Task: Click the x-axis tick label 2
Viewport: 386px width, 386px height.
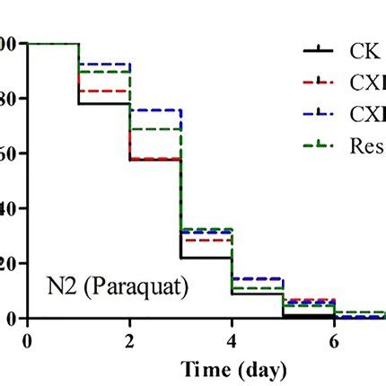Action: [130, 342]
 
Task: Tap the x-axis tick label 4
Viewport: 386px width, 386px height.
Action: [232, 342]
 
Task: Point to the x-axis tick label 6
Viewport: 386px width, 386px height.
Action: [335, 342]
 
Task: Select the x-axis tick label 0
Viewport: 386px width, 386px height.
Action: [28, 342]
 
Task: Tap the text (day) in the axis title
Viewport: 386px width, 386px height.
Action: [263, 369]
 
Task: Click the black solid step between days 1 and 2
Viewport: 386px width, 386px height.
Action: [104, 103]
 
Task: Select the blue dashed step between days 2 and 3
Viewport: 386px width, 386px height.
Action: [155, 110]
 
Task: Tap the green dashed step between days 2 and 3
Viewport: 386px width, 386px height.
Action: [155, 129]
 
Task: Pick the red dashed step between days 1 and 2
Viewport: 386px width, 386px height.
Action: [104, 91]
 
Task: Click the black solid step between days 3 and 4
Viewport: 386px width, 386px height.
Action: [206, 258]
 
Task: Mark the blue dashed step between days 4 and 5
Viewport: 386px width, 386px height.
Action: [258, 279]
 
